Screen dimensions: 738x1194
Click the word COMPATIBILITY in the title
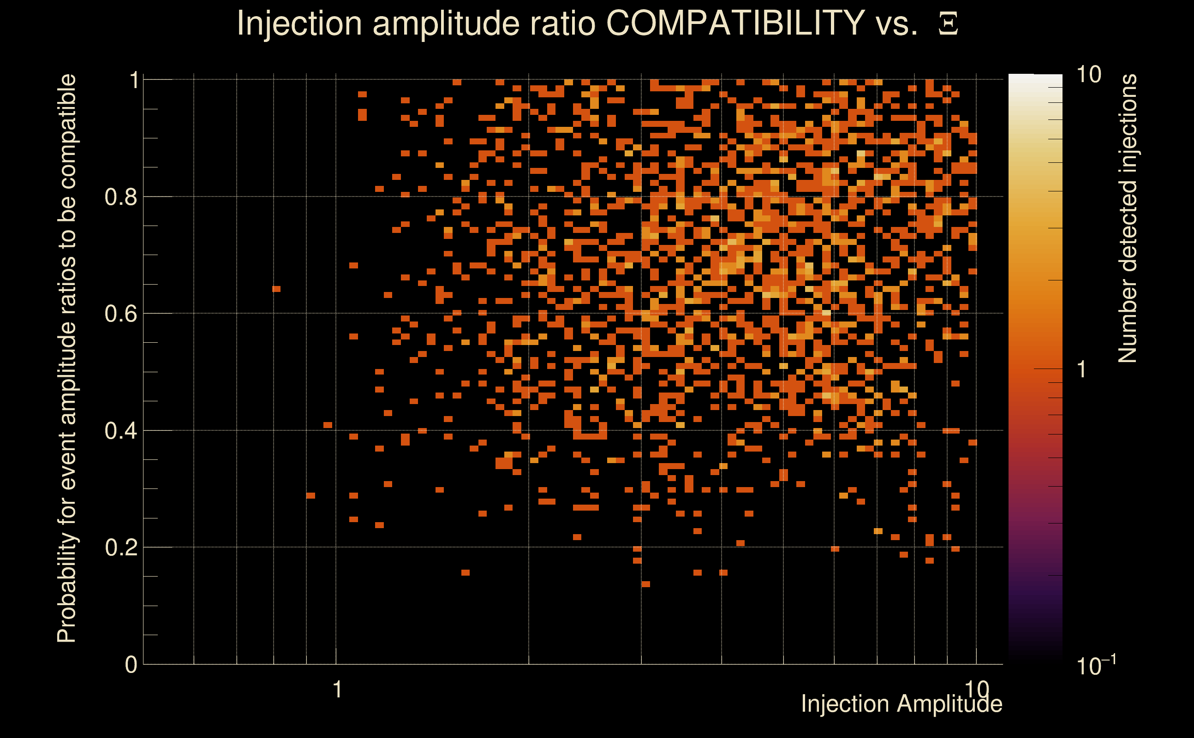pyautogui.click(x=735, y=23)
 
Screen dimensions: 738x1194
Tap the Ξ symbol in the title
pyautogui.click(x=948, y=24)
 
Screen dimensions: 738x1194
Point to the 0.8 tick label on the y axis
pyautogui.click(x=120, y=197)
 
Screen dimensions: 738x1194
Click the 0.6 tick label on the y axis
pyautogui.click(x=120, y=314)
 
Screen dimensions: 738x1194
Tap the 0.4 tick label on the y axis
pyautogui.click(x=120, y=431)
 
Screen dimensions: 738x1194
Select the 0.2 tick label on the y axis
pyautogui.click(x=120, y=548)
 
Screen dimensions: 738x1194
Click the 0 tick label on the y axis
pyautogui.click(x=131, y=665)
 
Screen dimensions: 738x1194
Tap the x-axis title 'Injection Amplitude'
pyautogui.click(x=901, y=704)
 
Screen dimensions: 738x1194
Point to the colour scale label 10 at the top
pyautogui.click(x=1088, y=75)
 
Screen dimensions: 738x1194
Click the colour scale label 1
pyautogui.click(x=1082, y=370)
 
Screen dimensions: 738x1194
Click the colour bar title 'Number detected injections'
pyautogui.click(x=1127, y=219)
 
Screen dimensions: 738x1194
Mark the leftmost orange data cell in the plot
pyautogui.click(x=276, y=289)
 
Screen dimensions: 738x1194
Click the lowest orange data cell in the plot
pyautogui.click(x=645, y=584)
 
